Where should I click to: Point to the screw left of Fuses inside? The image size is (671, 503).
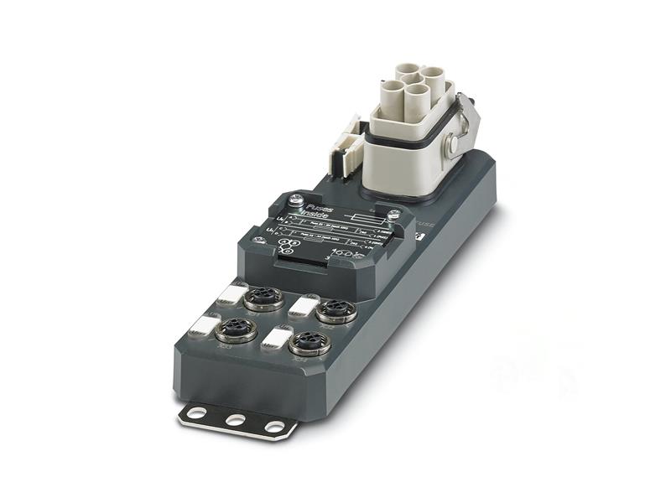tap(294, 201)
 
